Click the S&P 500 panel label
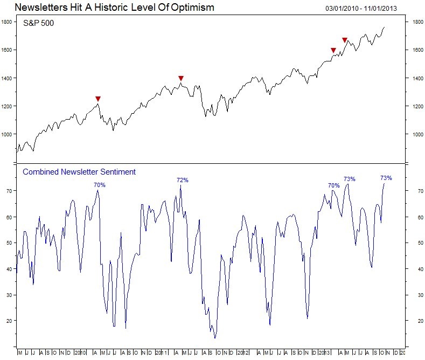[38, 24]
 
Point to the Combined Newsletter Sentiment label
[79, 172]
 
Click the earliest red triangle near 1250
[97, 99]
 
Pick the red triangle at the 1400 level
[181, 78]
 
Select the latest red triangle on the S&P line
[345, 40]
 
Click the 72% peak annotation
[183, 180]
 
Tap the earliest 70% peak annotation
[100, 185]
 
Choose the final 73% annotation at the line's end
[386, 178]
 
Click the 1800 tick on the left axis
[8, 22]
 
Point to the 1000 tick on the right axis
[417, 134]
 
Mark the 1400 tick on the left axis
[8, 78]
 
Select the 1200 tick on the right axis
[417, 106]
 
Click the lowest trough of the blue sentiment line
[215, 338]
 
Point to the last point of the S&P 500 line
[385, 27]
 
